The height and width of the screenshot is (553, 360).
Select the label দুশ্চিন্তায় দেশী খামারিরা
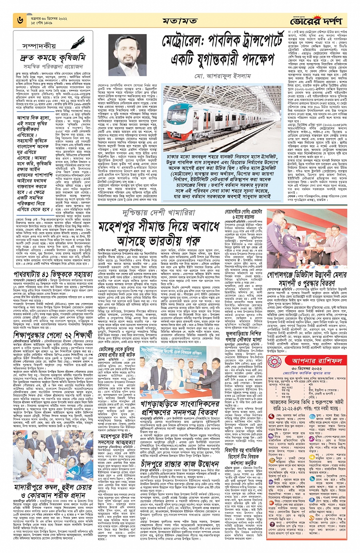(159, 213)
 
